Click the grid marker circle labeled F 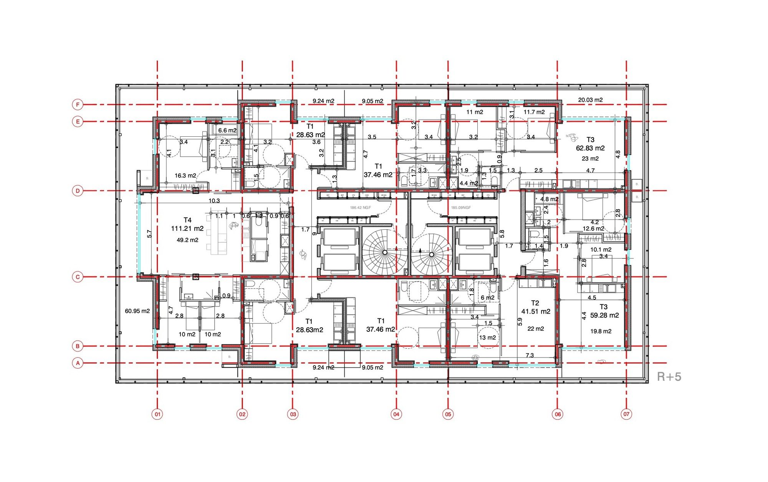click(78, 104)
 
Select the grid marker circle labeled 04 click(396, 414)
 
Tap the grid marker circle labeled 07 click(626, 414)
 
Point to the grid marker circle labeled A click(78, 363)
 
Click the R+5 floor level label click(669, 377)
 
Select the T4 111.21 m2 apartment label click(187, 225)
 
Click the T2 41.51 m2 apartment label click(535, 307)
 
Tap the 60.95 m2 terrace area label click(137, 311)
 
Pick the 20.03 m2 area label click(590, 100)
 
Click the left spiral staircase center click(385, 252)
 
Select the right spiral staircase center click(432, 255)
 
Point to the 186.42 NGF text click(360, 208)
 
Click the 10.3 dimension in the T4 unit click(214, 201)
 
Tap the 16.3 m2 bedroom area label click(185, 176)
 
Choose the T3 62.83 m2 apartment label click(590, 144)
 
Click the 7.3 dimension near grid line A click(530, 355)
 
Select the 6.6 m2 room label click(227, 130)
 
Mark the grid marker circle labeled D click(78, 190)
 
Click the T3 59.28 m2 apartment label click(604, 311)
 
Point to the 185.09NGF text click(461, 208)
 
